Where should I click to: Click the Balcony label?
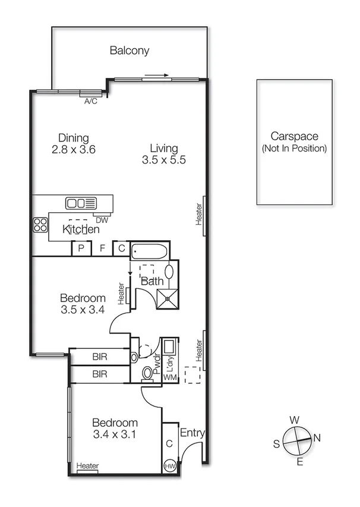129,51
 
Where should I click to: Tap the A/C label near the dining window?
90,102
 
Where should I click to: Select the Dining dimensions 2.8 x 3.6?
74,150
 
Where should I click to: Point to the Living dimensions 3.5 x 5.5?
165,160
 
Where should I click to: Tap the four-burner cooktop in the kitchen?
40,225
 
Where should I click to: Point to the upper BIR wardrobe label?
100,357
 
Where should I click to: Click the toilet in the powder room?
148,374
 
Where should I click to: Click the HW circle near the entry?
169,466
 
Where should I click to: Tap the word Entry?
192,433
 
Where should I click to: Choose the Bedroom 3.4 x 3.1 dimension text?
115,434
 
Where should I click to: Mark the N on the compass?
317,438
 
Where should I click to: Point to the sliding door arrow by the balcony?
156,75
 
